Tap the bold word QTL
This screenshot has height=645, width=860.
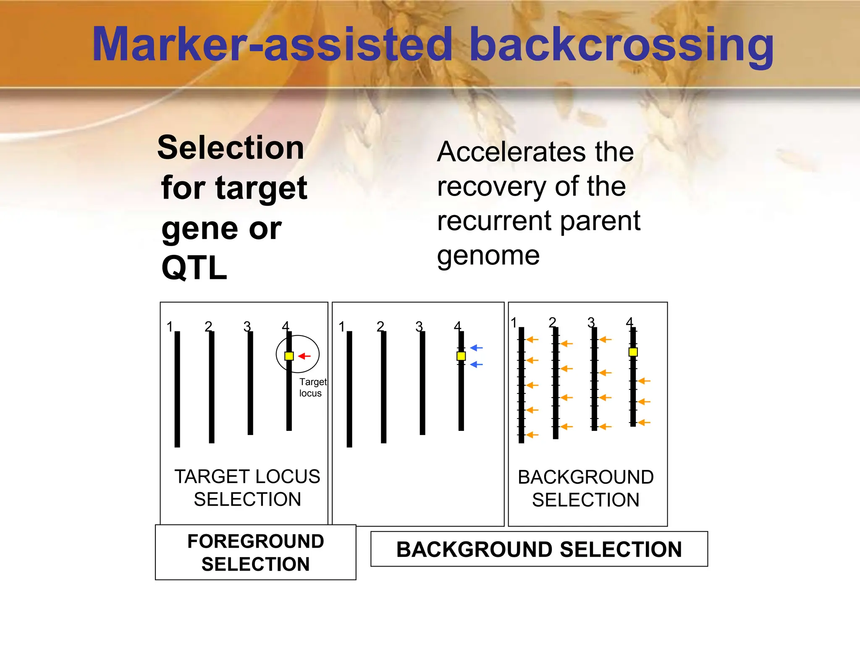194,268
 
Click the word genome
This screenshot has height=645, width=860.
488,256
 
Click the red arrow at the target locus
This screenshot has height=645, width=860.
305,356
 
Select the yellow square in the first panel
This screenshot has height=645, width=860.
289,356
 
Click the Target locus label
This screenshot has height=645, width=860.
312,387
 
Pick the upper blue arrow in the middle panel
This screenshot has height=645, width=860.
477,348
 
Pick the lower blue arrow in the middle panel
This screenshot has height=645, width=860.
477,364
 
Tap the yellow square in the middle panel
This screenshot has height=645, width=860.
461,356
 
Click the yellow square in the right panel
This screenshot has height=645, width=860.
633,352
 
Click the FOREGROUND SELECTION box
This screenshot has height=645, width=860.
255,552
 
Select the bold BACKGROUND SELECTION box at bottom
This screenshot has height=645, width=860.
539,549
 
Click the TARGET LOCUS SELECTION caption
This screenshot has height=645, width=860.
247,488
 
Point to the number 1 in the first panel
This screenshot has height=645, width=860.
170,327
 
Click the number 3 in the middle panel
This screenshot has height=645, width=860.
419,327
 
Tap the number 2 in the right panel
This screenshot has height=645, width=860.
552,322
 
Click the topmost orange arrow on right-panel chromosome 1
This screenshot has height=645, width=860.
532,339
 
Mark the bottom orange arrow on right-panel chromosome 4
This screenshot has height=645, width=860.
644,422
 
